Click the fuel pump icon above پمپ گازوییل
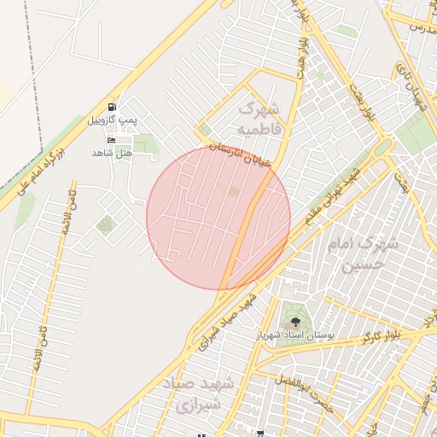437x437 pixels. pos(114,108)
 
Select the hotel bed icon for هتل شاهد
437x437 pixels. pos(110,139)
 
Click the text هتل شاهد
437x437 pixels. pos(112,153)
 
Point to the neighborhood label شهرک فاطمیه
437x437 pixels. pos(258,119)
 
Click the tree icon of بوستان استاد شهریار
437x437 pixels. pos(295,322)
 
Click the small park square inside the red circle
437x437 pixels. pos(233,191)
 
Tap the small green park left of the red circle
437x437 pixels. pos(106,225)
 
